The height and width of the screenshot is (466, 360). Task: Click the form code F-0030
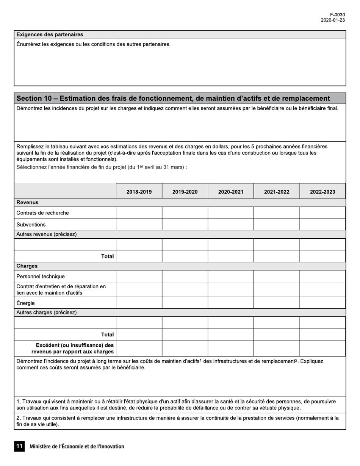(x=337, y=15)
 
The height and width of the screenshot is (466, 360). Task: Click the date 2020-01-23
(x=333, y=20)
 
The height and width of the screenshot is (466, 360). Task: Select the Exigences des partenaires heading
(x=50, y=34)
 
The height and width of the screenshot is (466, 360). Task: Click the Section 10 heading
(x=173, y=99)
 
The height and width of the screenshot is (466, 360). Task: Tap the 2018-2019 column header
(x=139, y=192)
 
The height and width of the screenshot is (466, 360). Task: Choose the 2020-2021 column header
(x=231, y=192)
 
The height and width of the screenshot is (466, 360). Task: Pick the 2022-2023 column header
(x=322, y=192)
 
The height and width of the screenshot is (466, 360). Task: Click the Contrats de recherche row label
(x=42, y=213)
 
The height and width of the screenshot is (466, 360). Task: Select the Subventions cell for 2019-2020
(x=185, y=224)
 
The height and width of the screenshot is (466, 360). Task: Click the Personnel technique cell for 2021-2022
(x=277, y=276)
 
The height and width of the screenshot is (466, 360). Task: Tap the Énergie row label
(x=25, y=303)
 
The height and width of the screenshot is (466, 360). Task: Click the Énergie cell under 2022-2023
(x=322, y=303)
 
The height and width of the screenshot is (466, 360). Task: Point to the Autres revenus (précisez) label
(x=46, y=234)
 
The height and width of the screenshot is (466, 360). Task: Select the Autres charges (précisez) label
(x=46, y=313)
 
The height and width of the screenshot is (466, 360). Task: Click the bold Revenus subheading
(x=27, y=202)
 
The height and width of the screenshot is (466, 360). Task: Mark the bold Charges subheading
(x=27, y=266)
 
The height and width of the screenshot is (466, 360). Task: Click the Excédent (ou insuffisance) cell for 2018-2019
(x=139, y=348)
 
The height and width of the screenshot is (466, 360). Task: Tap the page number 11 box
(x=19, y=446)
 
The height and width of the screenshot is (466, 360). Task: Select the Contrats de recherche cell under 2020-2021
(x=231, y=213)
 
